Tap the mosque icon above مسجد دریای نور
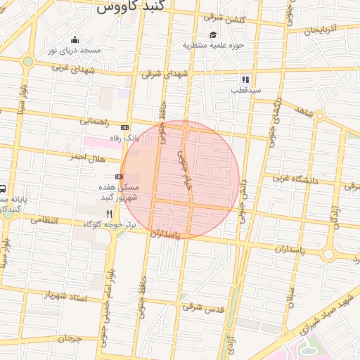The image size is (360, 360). click(75, 39)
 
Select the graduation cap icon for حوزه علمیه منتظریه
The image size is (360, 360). click(213, 34)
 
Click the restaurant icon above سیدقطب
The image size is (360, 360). click(245, 80)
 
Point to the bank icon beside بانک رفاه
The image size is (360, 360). click(124, 127)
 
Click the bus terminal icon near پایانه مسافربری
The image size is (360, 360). click(3, 188)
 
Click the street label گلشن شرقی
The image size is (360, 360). click(223, 18)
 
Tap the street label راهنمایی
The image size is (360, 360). click(94, 121)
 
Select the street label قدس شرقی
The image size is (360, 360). click(203, 307)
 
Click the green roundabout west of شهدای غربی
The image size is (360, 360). click(27, 61)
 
